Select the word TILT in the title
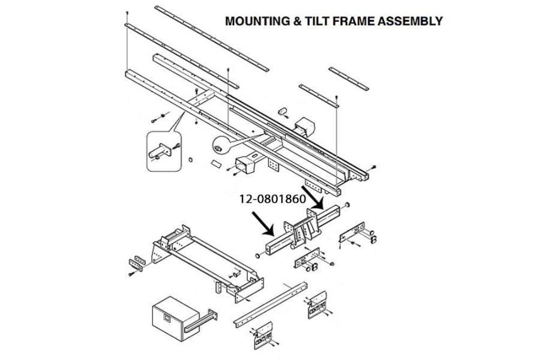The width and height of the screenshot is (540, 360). click(x=315, y=21)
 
